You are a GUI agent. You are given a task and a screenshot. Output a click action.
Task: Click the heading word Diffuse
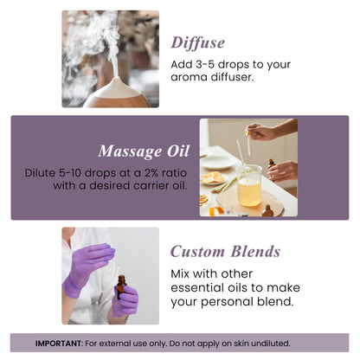198,42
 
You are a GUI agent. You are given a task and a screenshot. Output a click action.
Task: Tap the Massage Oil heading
143,151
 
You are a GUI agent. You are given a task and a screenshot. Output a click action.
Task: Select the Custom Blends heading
225,252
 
